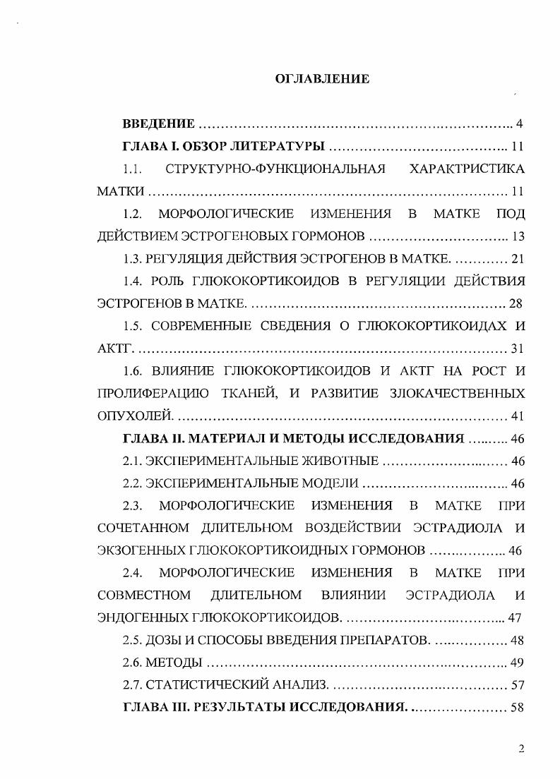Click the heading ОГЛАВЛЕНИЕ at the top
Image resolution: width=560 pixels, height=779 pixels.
point(321,79)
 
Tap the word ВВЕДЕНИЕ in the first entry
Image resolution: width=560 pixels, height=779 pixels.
point(159,125)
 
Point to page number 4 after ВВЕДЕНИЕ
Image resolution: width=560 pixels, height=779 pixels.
point(519,125)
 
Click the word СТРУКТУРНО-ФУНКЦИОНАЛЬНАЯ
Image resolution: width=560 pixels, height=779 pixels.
point(275,169)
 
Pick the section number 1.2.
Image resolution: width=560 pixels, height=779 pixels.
point(133,213)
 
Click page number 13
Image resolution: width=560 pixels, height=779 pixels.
point(519,235)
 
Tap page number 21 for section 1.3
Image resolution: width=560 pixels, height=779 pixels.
point(518,258)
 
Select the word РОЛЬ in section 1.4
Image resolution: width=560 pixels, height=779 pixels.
point(167,280)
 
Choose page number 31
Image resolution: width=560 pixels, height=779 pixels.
point(518,348)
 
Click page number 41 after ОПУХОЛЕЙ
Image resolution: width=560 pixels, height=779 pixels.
point(518,416)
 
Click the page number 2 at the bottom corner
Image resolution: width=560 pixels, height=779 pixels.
point(521,749)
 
